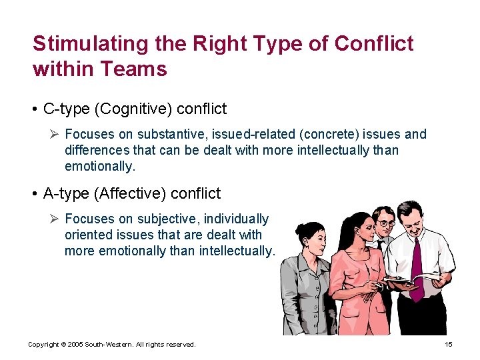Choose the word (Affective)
(x=130, y=194)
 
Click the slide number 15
(x=448, y=345)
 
